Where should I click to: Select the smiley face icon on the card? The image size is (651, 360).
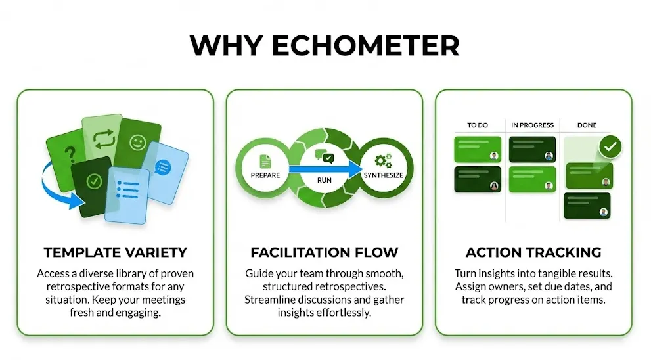(137, 143)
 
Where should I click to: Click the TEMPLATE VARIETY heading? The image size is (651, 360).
(115, 252)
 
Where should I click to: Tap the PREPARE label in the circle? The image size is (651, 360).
(265, 175)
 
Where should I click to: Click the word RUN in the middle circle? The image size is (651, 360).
(324, 178)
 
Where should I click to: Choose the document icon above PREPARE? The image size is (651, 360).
(265, 160)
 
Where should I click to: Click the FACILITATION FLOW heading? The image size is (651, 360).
(325, 252)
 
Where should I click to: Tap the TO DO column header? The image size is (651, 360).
(478, 125)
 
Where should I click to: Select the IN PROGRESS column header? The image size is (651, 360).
(533, 125)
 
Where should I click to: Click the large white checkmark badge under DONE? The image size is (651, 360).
(611, 146)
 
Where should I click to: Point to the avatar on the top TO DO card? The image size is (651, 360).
(493, 156)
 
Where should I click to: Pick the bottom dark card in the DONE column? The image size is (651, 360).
(587, 205)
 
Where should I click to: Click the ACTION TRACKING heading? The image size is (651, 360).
(533, 252)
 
